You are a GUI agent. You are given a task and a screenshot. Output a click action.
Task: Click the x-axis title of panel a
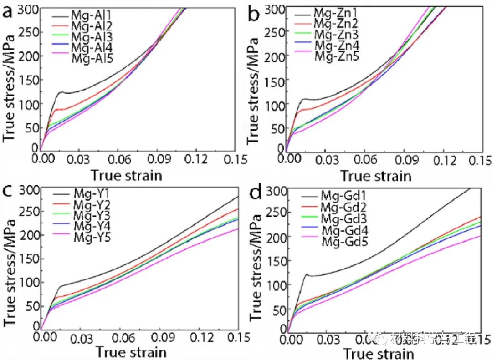(x=126, y=175)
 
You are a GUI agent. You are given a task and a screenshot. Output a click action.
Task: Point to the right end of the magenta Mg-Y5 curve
(x=238, y=228)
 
